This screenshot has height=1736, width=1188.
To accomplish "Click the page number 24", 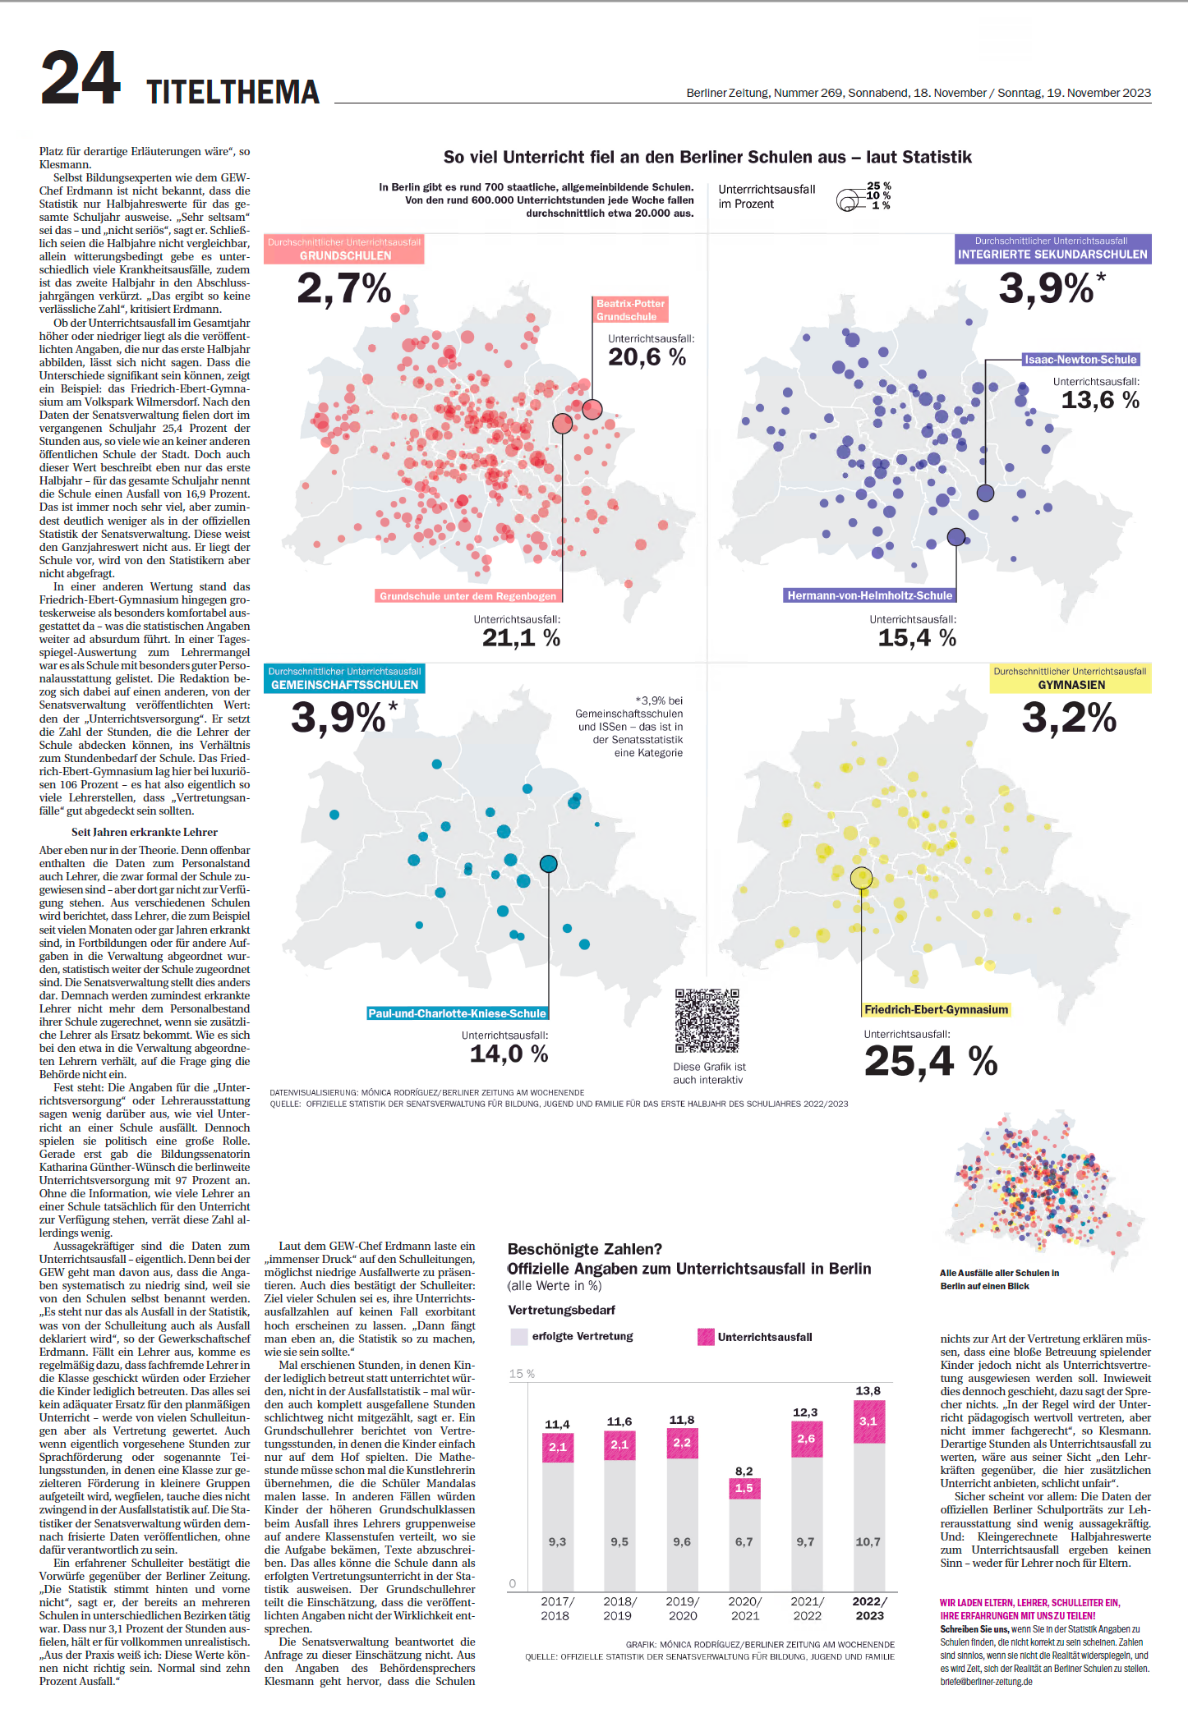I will click(x=81, y=78).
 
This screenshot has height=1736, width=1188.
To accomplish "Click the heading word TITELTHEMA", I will click(x=233, y=92).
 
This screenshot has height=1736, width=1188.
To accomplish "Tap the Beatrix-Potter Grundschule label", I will click(x=630, y=310).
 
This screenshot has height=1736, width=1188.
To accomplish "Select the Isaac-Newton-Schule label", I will click(x=1081, y=360).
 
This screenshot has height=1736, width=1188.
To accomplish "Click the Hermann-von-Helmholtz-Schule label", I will click(x=869, y=595).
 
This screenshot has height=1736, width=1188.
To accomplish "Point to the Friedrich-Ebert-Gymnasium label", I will click(x=936, y=1009).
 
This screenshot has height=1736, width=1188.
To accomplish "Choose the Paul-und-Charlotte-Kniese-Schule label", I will click(x=457, y=1013).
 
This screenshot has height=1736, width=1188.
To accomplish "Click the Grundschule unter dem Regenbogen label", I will click(x=467, y=596).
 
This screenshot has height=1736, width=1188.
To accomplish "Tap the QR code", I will click(x=707, y=1021).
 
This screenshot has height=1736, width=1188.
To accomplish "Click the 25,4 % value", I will click(x=930, y=1061).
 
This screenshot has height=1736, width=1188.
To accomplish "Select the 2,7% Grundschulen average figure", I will click(x=343, y=288).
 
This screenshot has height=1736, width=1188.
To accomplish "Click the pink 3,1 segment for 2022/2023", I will click(x=868, y=1421).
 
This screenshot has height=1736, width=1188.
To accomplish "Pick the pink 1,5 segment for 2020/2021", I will click(x=744, y=1488).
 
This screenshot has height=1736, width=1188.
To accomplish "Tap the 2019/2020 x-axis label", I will click(x=682, y=1608).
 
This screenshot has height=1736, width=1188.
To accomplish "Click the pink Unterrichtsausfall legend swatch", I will click(x=706, y=1336).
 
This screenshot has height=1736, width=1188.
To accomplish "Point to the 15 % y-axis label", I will click(x=522, y=1373).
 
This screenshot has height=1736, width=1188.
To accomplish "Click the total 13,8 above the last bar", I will click(x=868, y=1390).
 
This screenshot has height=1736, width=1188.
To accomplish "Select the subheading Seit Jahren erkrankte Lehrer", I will click(x=145, y=832).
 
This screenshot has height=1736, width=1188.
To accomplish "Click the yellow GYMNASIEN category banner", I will click(x=1070, y=678).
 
